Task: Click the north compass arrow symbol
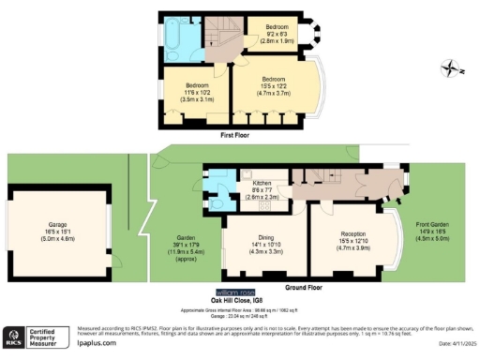click(x=453, y=67)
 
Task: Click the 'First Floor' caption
click(x=233, y=136)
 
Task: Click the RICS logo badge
click(x=14, y=337)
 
